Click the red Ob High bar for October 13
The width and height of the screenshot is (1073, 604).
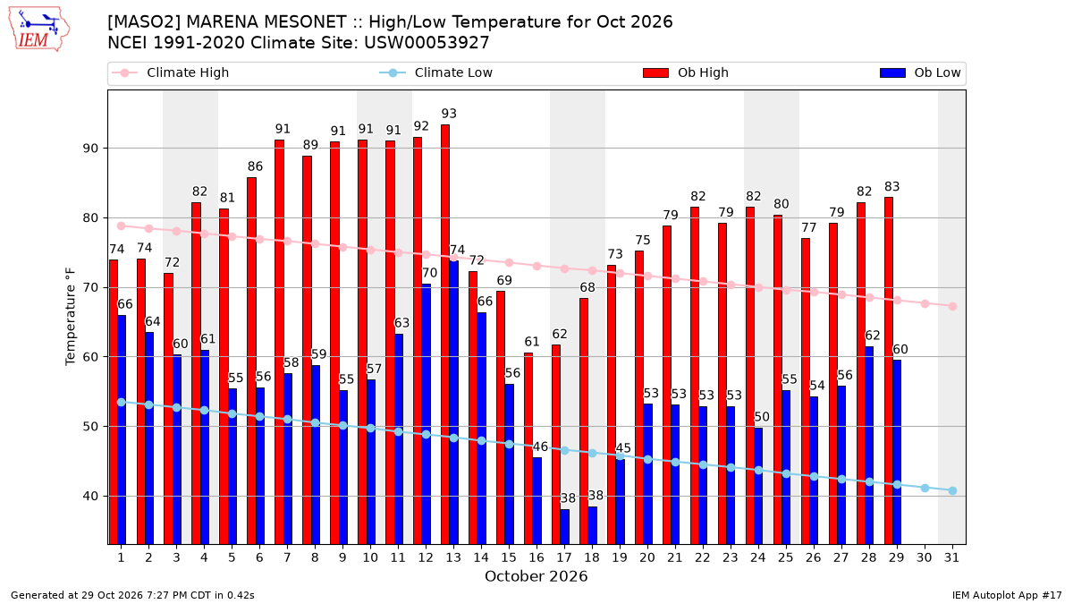(x=445, y=335)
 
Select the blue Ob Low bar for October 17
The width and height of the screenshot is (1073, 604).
(x=565, y=527)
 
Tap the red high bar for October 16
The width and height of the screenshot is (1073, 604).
(x=528, y=448)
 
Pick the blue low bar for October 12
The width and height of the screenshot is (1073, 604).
(x=426, y=414)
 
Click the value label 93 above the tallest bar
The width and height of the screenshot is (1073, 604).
(x=449, y=114)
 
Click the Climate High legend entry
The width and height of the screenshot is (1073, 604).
(x=170, y=72)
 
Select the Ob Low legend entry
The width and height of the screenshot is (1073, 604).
(x=920, y=72)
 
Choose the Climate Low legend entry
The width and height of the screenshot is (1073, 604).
(x=436, y=72)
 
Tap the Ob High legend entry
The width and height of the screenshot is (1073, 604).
(x=686, y=72)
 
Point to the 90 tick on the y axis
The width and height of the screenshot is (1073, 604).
(x=90, y=149)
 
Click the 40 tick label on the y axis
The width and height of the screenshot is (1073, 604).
(x=90, y=496)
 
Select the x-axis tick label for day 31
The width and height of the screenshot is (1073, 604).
(x=951, y=558)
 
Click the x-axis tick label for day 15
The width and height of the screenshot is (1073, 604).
(x=509, y=558)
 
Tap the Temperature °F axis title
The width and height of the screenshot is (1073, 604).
(x=71, y=317)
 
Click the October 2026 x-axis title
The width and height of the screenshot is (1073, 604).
(x=536, y=576)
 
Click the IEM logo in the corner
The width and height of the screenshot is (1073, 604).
(x=39, y=30)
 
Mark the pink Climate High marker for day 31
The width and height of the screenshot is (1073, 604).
(x=952, y=306)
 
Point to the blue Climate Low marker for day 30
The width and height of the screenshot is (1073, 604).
(x=925, y=488)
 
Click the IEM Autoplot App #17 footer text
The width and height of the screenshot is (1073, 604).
(x=1007, y=595)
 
